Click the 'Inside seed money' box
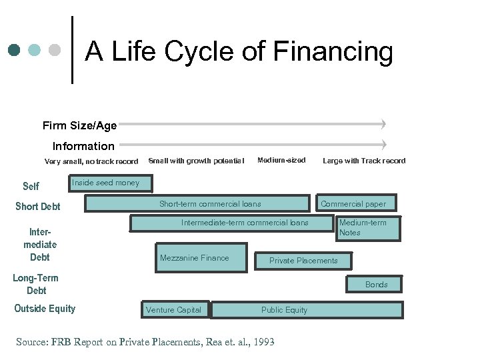click(109, 183)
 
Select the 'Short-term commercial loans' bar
click(210, 204)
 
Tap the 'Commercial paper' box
click(353, 204)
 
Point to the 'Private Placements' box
click(303, 261)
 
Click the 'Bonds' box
click(376, 285)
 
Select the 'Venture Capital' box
click(173, 310)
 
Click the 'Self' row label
click(31, 187)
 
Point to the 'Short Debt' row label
click(38, 207)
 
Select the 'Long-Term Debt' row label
click(36, 284)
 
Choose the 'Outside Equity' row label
click(45, 309)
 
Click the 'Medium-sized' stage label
click(281, 160)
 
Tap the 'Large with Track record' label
click(364, 161)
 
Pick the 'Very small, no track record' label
click(91, 161)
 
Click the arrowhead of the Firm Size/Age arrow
click(383, 124)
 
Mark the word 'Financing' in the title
click(333, 51)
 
